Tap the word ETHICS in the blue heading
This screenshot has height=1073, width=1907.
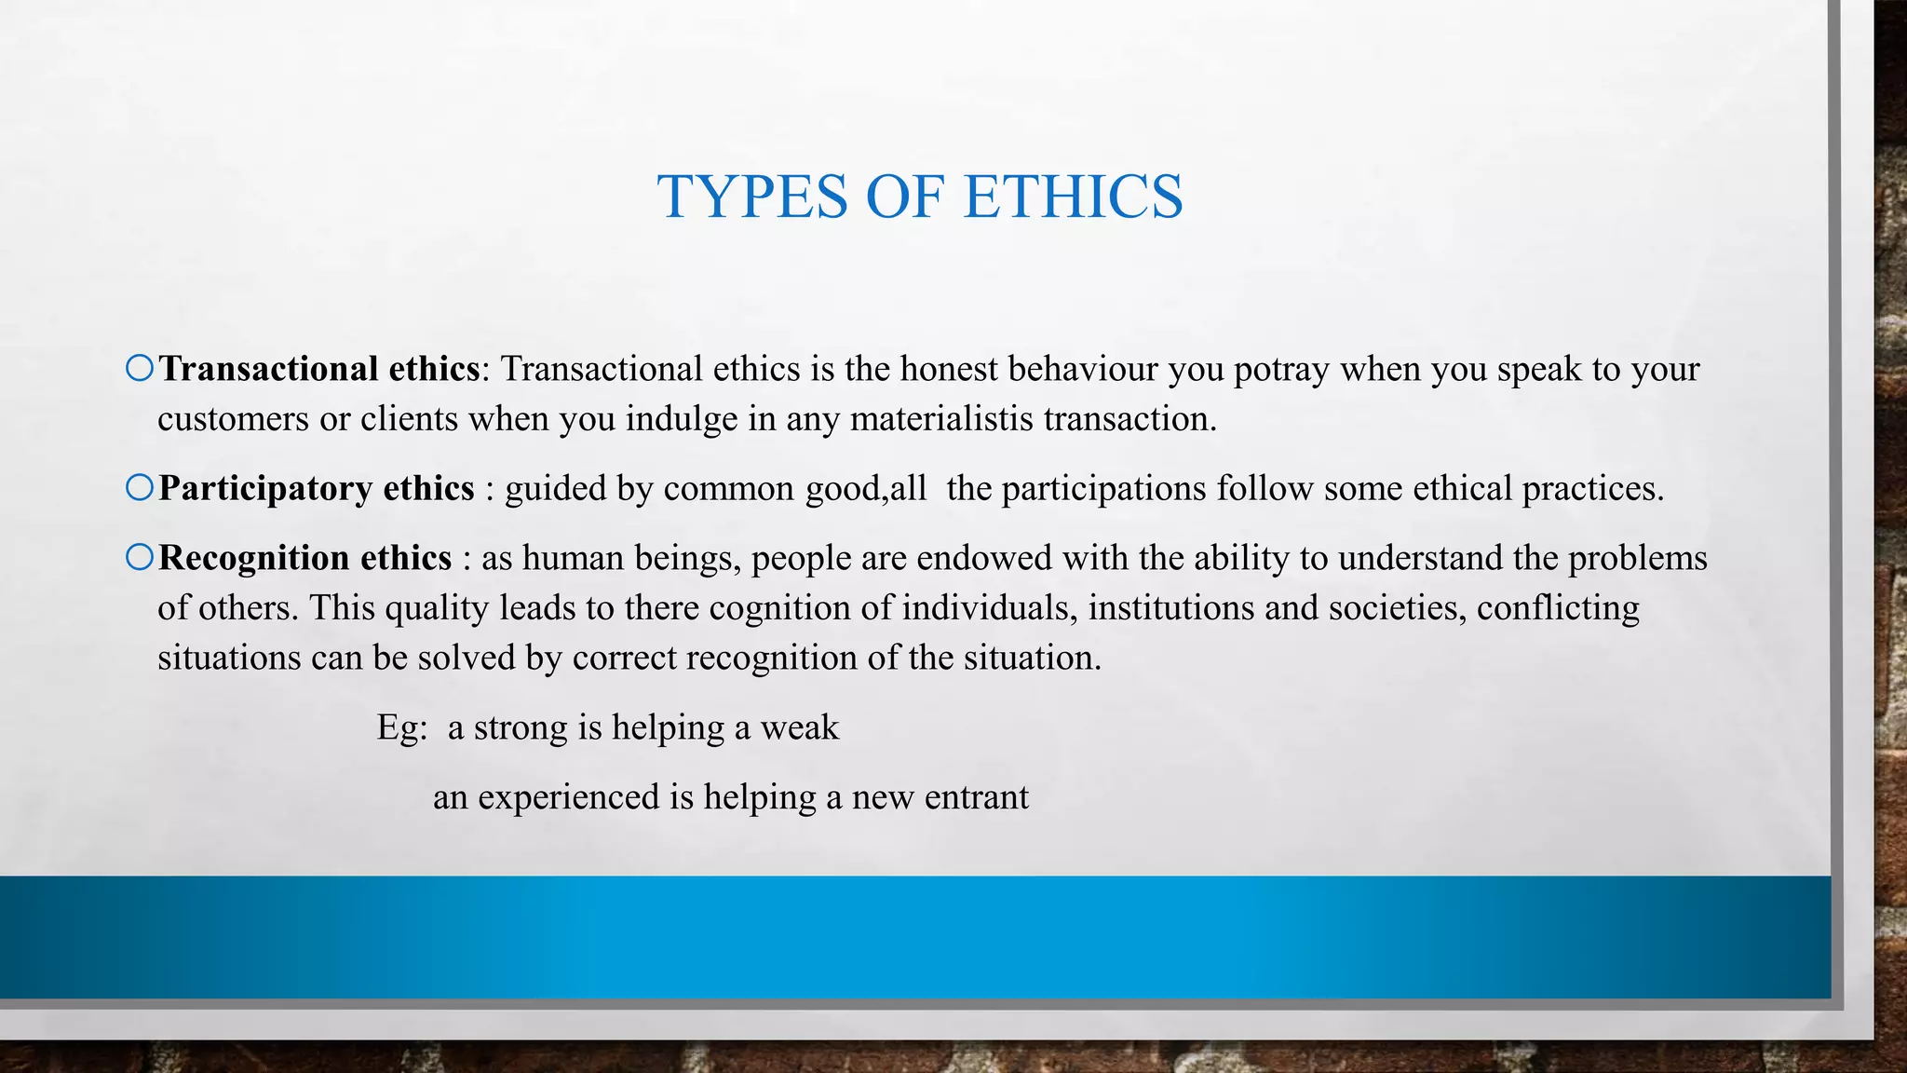pyautogui.click(x=1073, y=197)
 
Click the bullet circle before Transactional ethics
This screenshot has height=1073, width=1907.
pyautogui.click(x=140, y=369)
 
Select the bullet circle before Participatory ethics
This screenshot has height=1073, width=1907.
pyautogui.click(x=140, y=487)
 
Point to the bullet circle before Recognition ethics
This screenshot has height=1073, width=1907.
pyautogui.click(x=140, y=557)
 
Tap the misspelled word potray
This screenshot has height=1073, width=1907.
pyautogui.click(x=1280, y=370)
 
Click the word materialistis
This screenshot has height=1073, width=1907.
pyautogui.click(x=941, y=419)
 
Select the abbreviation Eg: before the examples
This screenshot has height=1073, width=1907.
pyautogui.click(x=401, y=727)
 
